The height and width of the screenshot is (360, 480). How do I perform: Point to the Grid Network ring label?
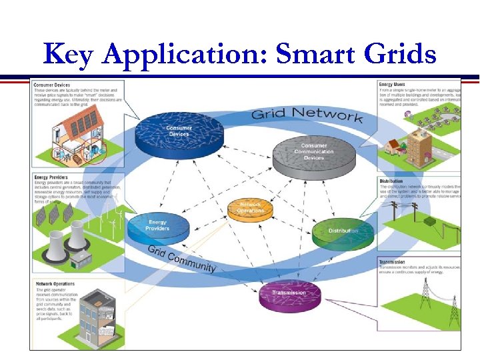coord(306,114)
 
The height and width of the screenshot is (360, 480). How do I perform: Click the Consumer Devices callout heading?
coord(52,85)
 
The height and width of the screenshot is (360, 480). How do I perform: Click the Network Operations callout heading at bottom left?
coord(56,284)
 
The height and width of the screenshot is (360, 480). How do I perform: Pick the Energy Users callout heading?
coord(392,85)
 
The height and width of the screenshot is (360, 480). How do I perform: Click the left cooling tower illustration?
coord(55,247)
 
